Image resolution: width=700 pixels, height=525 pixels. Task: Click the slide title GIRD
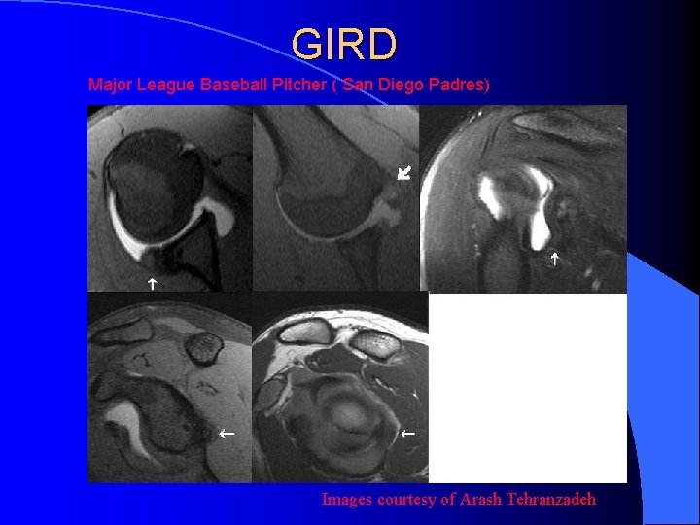point(344,45)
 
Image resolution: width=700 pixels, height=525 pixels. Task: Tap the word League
point(165,85)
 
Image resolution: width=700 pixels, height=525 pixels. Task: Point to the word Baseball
point(230,85)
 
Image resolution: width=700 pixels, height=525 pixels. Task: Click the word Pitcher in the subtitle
point(296,85)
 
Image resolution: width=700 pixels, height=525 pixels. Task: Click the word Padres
point(457,85)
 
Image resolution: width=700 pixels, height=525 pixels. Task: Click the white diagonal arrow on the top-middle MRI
point(404,173)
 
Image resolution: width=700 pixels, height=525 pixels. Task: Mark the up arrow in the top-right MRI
point(554,259)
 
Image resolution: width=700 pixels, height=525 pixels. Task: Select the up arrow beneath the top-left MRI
point(152,284)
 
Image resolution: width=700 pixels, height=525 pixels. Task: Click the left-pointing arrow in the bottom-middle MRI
point(408,432)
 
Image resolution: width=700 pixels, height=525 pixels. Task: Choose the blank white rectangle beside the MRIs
point(527,387)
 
